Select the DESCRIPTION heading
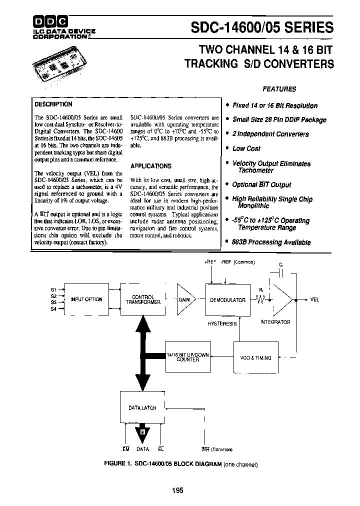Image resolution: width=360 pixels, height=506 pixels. tap(53, 104)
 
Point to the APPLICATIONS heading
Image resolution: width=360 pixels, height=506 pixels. tap(150, 166)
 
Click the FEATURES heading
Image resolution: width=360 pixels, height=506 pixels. tap(279, 89)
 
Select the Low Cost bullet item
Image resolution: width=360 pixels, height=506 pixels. tap(246, 148)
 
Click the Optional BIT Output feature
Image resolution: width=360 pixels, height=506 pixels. tap(261, 185)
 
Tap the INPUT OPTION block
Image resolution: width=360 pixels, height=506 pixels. tap(86, 299)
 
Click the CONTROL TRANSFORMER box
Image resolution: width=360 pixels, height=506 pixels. tap(143, 299)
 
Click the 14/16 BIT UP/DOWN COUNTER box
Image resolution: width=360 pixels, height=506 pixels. tap(188, 356)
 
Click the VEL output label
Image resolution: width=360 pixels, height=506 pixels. tap(314, 299)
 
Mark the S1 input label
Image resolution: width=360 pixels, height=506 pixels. tap(53, 289)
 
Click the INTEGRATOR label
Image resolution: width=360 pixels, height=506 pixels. tap(275, 322)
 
